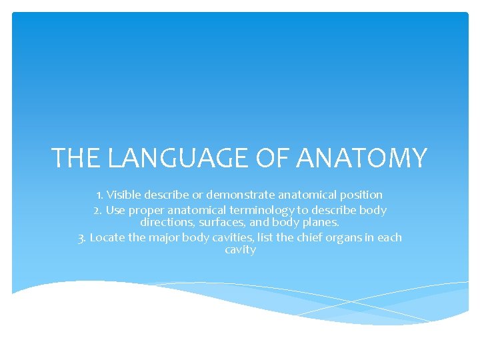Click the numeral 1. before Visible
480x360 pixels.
101,195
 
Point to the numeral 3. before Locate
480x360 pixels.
83,237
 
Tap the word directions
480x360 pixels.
167,222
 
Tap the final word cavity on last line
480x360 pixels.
240,250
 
